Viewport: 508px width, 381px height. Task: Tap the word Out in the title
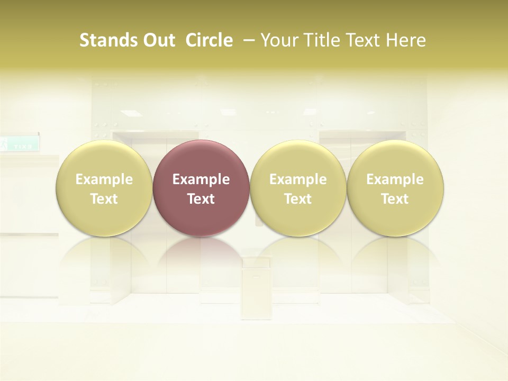tap(158, 40)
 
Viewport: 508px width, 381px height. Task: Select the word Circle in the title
tap(209, 40)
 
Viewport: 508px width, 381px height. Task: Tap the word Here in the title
tap(406, 40)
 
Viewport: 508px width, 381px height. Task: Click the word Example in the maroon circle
tap(201, 179)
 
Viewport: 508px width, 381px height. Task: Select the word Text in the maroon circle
tap(201, 199)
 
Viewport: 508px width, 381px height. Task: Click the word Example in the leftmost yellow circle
tap(104, 179)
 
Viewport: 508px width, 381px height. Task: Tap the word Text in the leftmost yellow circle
tap(104, 199)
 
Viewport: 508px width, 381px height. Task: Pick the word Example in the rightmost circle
tap(395, 179)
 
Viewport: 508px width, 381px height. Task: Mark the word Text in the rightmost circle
tap(395, 199)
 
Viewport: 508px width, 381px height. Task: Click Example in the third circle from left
tap(298, 179)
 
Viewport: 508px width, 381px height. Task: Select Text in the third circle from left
tap(298, 199)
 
